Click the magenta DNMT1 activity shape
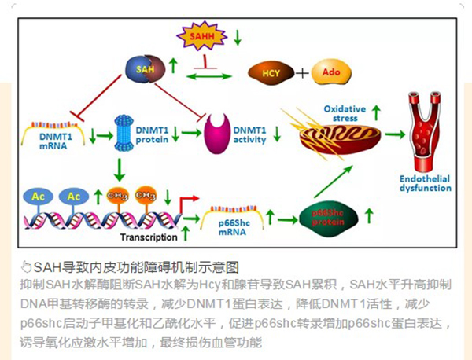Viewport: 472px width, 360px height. tap(216, 133)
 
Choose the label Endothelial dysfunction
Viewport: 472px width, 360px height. tap(426, 183)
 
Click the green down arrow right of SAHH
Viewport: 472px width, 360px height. tap(238, 36)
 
